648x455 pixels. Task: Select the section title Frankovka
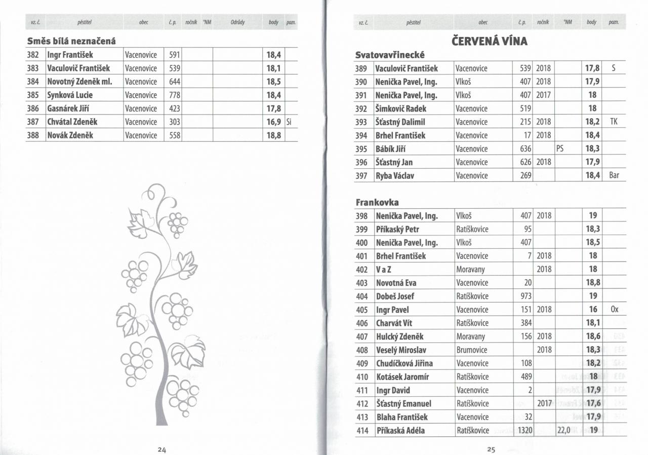pos(377,202)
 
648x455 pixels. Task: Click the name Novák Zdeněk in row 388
pos(70,135)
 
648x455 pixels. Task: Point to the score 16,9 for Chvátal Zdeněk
pos(273,122)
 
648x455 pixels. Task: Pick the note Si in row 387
pos(289,122)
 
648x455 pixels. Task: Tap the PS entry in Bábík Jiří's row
pos(560,149)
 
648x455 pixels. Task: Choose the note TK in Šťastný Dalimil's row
pos(614,122)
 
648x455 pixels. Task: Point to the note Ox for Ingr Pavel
pos(614,310)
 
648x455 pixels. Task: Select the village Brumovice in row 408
pos(471,350)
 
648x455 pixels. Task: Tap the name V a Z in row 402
pos(383,270)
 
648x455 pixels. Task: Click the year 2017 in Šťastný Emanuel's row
pos(543,404)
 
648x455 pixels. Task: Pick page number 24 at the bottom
pos(161,449)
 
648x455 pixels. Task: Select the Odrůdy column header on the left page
pos(238,22)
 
